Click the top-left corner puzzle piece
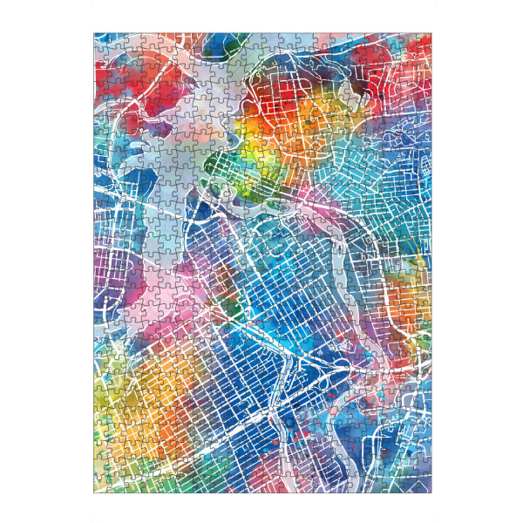tap(100, 39)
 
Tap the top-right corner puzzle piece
tap(425, 39)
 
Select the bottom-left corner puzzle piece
tap(100, 486)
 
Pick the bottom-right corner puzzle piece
tap(425, 486)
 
